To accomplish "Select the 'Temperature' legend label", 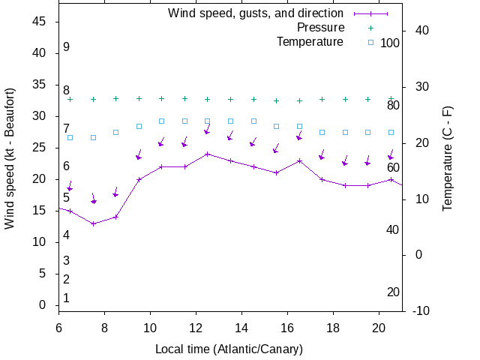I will (310, 41).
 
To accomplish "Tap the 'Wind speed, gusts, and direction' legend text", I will (256, 13).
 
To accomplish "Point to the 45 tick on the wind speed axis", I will (40, 22).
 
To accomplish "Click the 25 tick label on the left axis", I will (40, 148).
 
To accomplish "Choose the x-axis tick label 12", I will (196, 327).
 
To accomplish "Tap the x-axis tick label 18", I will (334, 327).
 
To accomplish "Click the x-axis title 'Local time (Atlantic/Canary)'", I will (229, 349).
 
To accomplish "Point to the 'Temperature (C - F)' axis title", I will (448, 157).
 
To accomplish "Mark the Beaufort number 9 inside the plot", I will (66, 47).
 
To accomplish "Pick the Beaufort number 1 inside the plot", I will (66, 298).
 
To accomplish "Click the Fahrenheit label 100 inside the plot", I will (390, 43).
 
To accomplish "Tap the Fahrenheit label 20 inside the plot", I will (393, 292).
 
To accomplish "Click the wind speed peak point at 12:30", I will (208, 154).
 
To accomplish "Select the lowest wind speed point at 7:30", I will (93, 223).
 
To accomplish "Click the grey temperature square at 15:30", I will (276, 126).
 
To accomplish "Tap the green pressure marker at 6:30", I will (70, 99).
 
